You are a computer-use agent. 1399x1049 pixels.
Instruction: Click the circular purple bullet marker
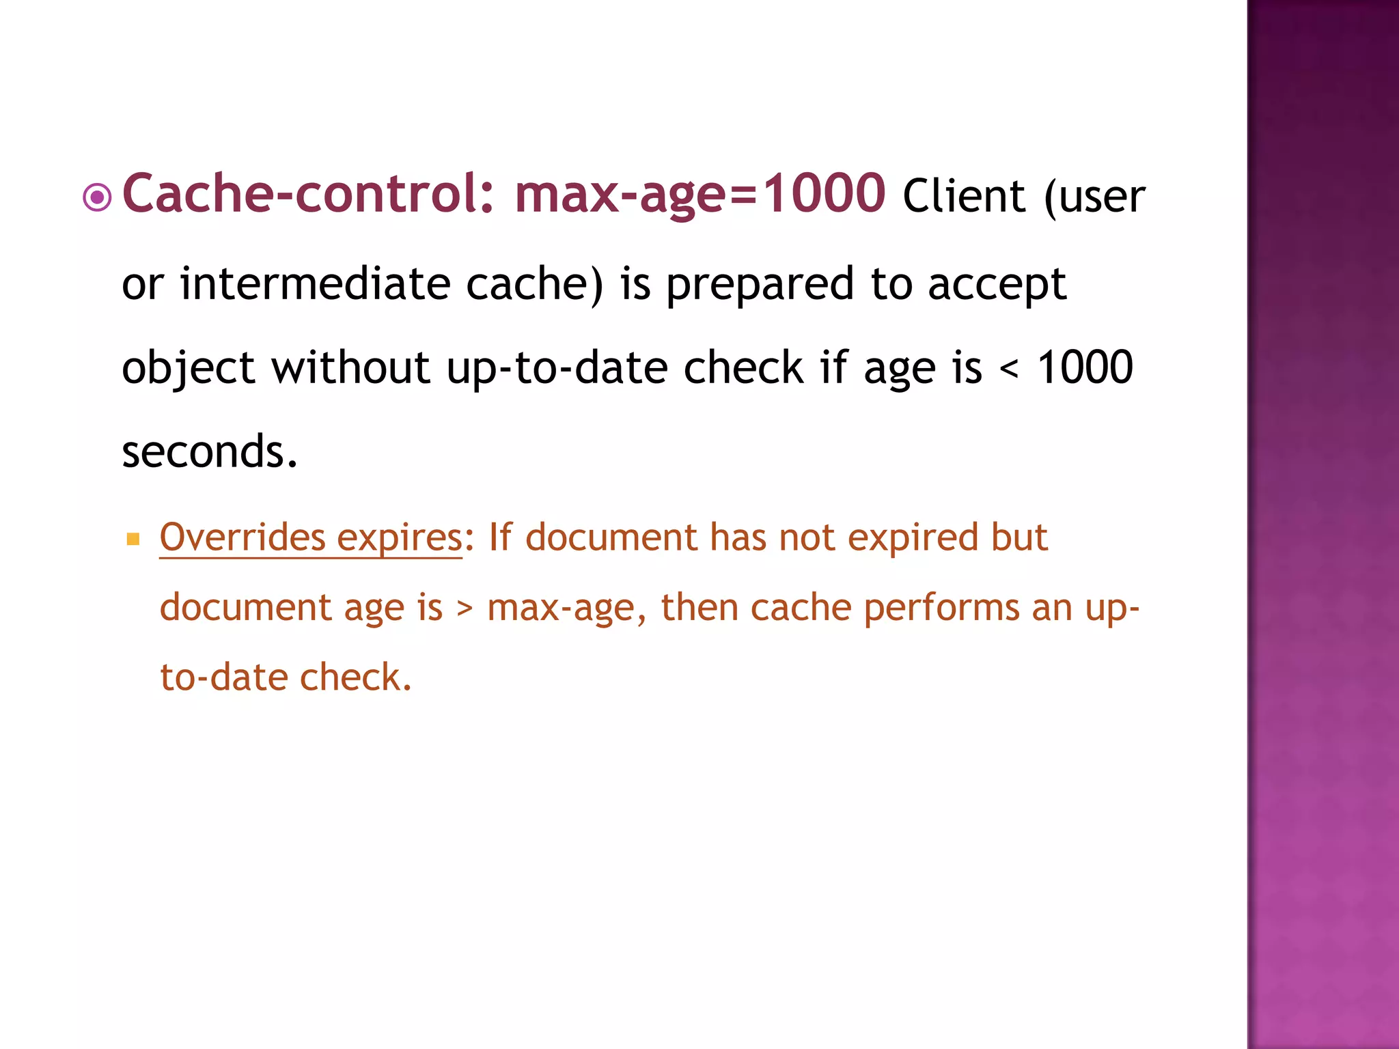[97, 198]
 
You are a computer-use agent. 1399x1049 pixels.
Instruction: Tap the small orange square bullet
[133, 540]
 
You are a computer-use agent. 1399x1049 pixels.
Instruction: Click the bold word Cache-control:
[307, 194]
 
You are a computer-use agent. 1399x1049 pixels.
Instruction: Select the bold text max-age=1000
[700, 194]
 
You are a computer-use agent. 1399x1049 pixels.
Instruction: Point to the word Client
[964, 197]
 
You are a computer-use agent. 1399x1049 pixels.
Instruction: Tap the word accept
[997, 284]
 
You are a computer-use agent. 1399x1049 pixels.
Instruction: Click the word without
[350, 367]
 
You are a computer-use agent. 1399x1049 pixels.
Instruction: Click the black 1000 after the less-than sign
[1085, 367]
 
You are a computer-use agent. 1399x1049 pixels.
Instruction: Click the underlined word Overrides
[243, 537]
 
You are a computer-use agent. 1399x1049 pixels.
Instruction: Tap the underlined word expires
[400, 538]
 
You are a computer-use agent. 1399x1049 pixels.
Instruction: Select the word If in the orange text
[499, 537]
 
